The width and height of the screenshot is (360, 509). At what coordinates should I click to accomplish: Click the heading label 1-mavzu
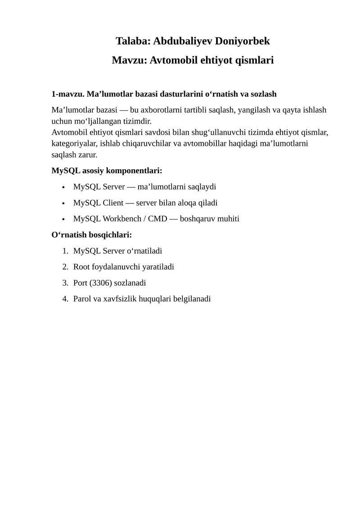point(67,94)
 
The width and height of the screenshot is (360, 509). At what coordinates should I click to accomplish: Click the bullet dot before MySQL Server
point(63,187)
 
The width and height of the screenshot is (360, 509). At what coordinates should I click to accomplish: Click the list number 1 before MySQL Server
point(65,251)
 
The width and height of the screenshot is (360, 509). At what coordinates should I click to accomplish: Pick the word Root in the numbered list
point(81,267)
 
